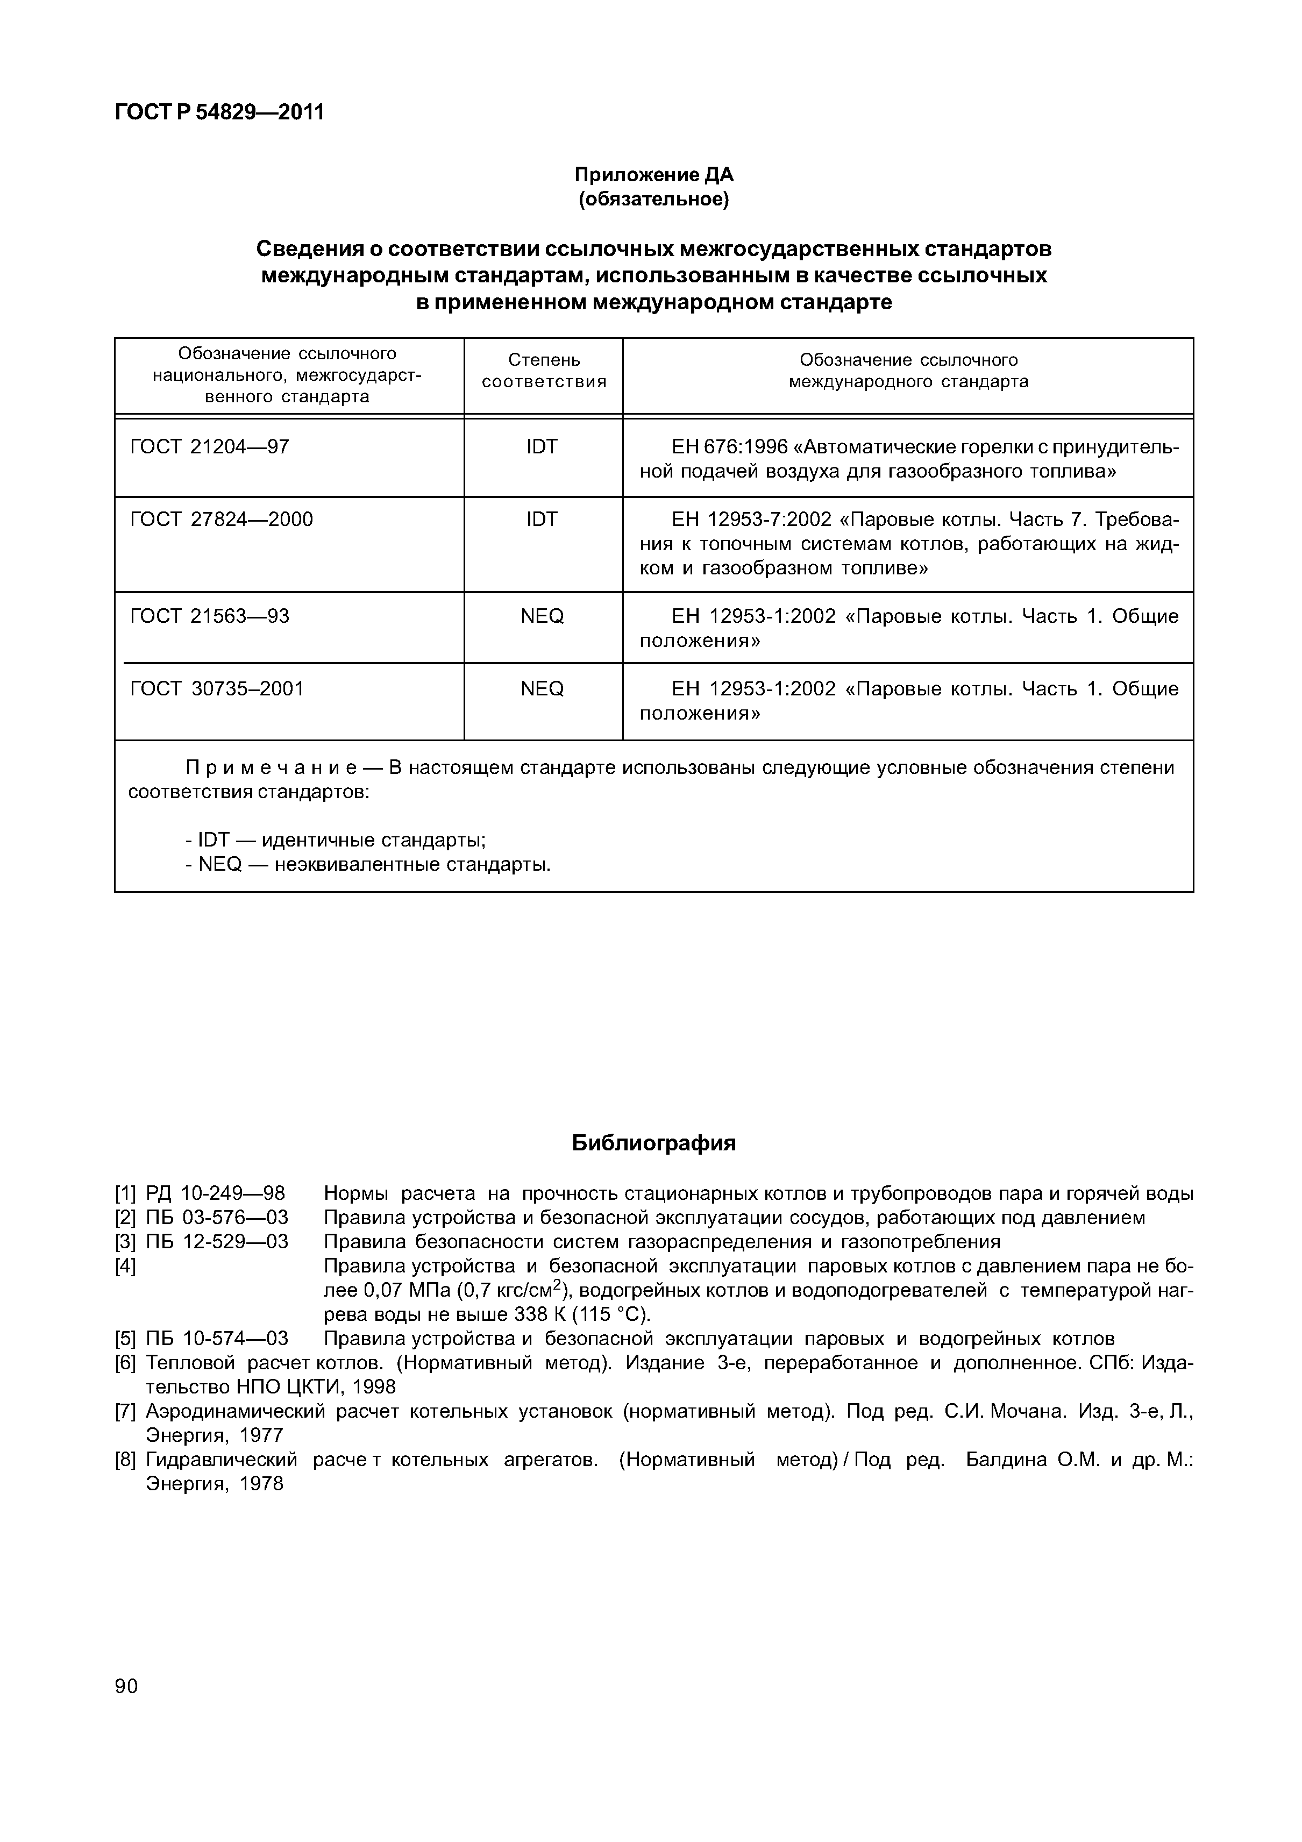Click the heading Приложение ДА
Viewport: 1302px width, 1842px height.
(x=654, y=175)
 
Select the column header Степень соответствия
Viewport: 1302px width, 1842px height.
(x=543, y=371)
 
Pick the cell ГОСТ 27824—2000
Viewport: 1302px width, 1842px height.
(x=222, y=520)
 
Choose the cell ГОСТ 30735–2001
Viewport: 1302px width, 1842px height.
(x=217, y=688)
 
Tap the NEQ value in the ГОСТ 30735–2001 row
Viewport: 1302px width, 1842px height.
(x=542, y=688)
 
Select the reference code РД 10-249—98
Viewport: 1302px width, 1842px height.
(x=215, y=1194)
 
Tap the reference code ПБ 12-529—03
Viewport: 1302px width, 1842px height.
(x=217, y=1242)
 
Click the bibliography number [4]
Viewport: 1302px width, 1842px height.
(x=125, y=1267)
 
